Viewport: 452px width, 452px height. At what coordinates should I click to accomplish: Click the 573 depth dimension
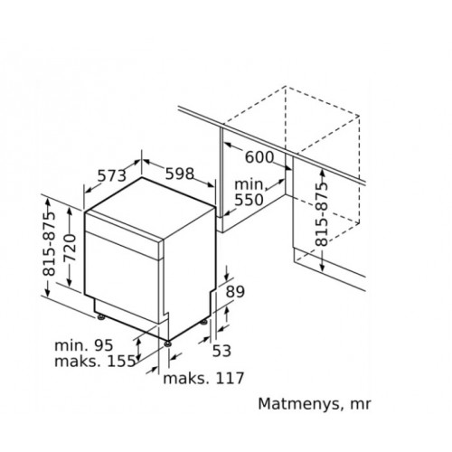pos(111,175)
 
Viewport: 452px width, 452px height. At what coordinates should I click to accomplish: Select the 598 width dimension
pos(180,174)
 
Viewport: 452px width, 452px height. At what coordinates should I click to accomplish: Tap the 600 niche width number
pos(259,157)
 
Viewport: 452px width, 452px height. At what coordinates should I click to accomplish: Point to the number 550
pos(249,200)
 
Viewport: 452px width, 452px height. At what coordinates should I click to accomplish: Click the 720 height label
pos(69,248)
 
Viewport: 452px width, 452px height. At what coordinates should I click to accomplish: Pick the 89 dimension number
pos(235,291)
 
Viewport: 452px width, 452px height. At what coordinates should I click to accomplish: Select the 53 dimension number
pos(221,351)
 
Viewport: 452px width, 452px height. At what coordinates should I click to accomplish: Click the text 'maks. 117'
pos(203,378)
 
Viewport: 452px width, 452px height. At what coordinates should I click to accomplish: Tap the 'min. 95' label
pos(84,345)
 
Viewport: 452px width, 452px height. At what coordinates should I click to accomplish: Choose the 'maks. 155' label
pos(95,361)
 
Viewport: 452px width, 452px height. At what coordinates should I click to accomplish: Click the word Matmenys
pos(299,404)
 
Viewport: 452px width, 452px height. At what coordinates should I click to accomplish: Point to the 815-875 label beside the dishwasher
pos(49,244)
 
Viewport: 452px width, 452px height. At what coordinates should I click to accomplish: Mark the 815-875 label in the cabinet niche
pos(321,214)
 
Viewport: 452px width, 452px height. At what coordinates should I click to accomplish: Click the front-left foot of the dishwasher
pos(100,317)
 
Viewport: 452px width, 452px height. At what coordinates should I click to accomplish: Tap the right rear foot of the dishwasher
pos(204,323)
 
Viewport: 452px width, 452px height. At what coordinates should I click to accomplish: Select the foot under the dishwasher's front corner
pos(167,344)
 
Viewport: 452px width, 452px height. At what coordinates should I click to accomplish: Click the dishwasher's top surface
pos(150,208)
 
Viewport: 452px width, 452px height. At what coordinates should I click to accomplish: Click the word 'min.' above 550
pos(250,184)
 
